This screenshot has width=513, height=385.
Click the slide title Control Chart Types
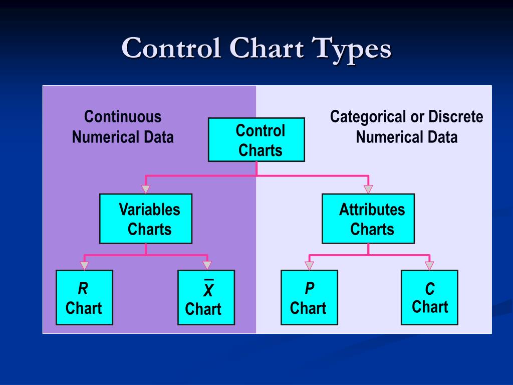[256, 49]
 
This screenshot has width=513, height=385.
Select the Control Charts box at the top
[256, 140]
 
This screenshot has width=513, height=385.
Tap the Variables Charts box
[146, 219]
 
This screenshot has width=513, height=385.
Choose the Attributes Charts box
[368, 219]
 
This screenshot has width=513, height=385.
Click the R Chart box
[84, 297]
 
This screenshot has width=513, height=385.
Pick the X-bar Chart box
[206, 297]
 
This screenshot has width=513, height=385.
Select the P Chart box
[309, 297]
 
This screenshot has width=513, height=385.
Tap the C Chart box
[429, 297]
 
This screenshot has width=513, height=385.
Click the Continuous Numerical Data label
[123, 127]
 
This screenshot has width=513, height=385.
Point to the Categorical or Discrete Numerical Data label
[406, 127]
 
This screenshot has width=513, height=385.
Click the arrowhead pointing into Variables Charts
[146, 189]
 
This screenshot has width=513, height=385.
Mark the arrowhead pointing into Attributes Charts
[368, 189]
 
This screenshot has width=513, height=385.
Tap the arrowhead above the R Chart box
[84, 266]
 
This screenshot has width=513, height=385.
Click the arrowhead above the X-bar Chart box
[207, 266]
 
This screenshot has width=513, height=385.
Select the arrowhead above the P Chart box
[309, 266]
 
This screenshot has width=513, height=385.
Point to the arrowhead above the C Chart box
[429, 266]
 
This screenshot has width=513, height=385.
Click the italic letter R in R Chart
[83, 289]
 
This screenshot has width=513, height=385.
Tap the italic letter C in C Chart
[430, 289]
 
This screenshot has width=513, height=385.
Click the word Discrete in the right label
[456, 117]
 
